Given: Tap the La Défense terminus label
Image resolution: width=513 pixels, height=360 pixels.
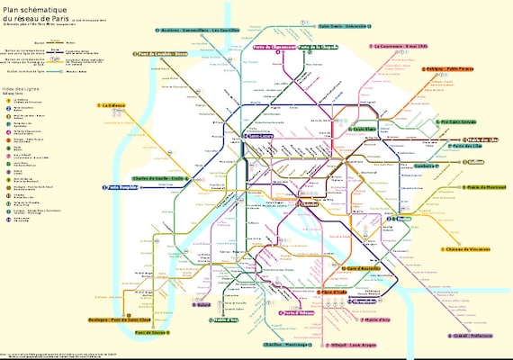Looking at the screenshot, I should (x=118, y=105).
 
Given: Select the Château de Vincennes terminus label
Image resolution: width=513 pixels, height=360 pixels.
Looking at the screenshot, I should (x=466, y=249).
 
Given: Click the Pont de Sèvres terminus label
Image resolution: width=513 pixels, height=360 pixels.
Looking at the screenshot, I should (x=151, y=333).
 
